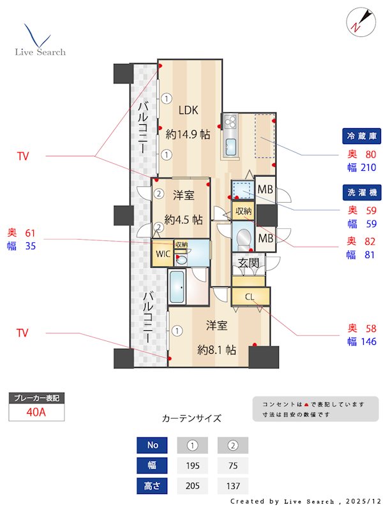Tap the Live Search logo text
(x=40, y=52)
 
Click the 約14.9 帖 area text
(x=188, y=135)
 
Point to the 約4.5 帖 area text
(x=183, y=219)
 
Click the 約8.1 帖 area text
(x=217, y=350)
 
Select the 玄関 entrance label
(x=248, y=263)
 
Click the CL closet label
(x=250, y=296)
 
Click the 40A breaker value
(x=36, y=412)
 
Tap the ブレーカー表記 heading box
(x=36, y=398)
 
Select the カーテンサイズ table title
(x=191, y=419)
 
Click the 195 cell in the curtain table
(x=192, y=465)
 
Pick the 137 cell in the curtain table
(x=233, y=486)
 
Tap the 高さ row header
(x=151, y=486)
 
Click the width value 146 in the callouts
(x=368, y=342)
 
